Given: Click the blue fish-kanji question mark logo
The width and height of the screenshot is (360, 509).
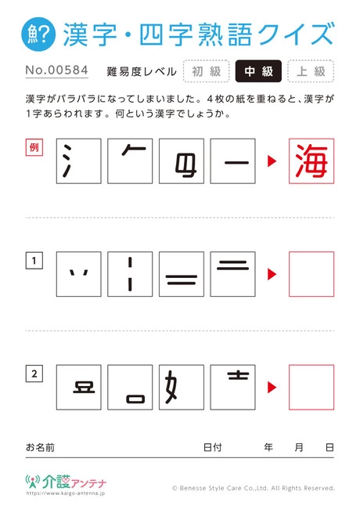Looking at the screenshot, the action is (38, 34).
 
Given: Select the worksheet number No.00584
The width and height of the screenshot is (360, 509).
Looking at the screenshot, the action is (57, 70).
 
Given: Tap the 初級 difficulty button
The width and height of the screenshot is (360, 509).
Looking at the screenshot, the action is (207, 71).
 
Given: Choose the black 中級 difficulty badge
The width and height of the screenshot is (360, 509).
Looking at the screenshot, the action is (258, 71).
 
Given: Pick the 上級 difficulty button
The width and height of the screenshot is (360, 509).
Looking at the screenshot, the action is (311, 71).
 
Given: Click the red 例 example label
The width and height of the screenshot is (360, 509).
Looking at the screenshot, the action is (34, 147).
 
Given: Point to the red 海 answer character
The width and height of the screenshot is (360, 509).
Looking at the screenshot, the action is (311, 161).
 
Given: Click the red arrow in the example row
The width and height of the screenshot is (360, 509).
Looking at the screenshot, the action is (272, 161).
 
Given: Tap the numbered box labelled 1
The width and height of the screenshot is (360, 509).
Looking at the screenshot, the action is (34, 261).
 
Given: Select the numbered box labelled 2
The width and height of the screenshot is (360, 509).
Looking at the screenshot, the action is (34, 374).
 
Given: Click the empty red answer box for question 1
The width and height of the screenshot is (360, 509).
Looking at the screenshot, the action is (311, 274).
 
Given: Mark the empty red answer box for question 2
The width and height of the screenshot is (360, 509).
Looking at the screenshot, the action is (311, 388).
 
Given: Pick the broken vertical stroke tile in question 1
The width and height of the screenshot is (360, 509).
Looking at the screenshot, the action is (130, 274).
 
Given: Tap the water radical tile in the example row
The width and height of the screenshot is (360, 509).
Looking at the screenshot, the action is (79, 161).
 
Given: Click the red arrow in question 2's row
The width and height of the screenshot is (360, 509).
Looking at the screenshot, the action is (272, 388).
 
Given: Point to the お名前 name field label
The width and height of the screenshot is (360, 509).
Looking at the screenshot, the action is (40, 447).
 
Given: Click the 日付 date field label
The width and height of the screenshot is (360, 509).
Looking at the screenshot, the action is (213, 447).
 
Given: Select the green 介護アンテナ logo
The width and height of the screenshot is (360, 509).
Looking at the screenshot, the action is (67, 482).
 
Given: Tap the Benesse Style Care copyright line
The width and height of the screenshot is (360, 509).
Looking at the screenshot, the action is (254, 488).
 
